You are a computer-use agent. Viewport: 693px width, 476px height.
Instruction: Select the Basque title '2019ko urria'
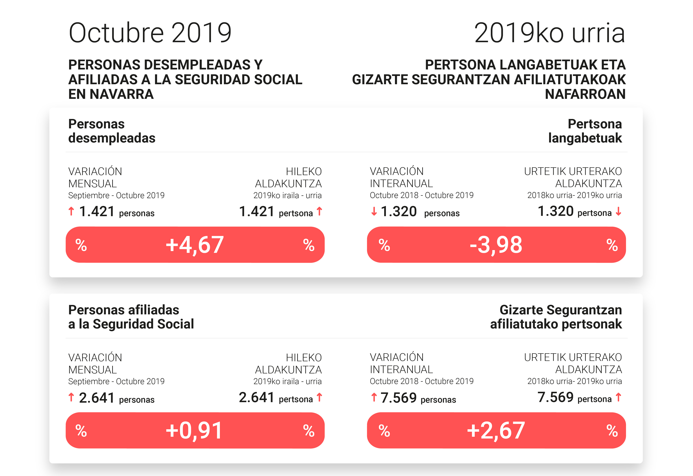(549, 33)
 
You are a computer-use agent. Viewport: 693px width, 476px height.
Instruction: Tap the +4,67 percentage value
(195, 245)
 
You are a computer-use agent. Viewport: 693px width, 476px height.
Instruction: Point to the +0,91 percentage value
(194, 431)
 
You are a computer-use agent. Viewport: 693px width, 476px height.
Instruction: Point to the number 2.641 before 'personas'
(97, 398)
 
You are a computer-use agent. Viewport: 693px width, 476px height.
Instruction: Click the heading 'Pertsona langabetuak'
(585, 131)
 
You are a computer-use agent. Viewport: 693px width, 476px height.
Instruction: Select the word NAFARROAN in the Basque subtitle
(585, 94)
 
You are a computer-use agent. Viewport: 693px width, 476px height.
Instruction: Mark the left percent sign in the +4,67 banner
(81, 245)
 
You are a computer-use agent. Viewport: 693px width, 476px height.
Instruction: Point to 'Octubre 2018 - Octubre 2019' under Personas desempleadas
(421, 195)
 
